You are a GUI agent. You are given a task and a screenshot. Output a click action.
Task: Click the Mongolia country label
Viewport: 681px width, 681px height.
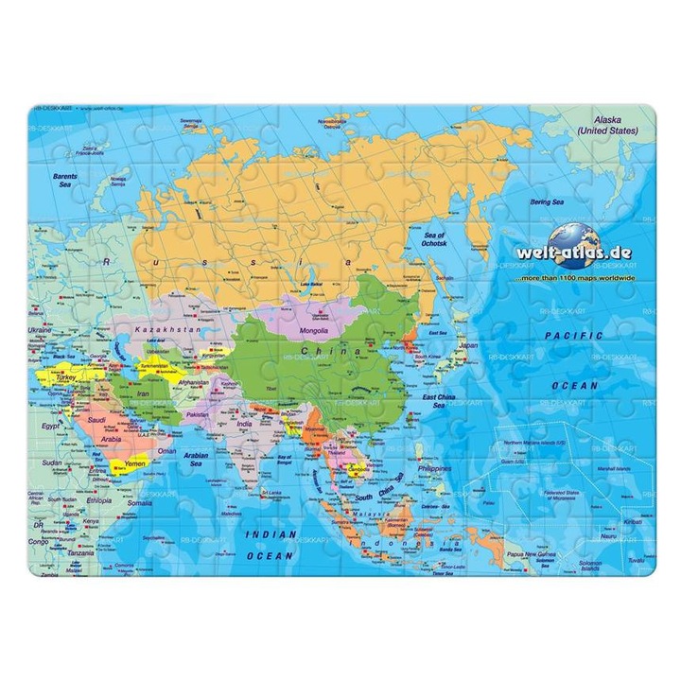coord(313,331)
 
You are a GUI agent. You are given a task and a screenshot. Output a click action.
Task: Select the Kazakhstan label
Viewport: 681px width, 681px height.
coord(169,328)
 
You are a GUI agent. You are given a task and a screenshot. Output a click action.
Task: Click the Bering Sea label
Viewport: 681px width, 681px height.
coord(546,201)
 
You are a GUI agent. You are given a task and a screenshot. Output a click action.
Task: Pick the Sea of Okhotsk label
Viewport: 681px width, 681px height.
coord(435,239)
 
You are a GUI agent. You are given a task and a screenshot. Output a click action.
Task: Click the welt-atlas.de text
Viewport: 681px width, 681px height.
coord(585,253)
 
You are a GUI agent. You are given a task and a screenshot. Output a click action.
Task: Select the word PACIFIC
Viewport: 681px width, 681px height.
coord(573,336)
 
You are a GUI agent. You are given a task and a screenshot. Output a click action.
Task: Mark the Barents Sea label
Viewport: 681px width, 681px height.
coord(65,180)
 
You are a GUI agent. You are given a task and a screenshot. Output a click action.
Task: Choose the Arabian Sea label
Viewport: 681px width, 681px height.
coord(197,459)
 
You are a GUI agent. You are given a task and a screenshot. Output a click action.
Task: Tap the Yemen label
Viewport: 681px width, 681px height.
coord(135,464)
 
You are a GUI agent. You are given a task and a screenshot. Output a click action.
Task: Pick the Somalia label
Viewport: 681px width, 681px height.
coord(139,503)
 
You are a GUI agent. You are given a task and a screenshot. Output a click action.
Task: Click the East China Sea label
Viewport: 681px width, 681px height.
coord(440,400)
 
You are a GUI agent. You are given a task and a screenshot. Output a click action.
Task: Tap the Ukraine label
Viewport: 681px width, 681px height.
coord(40,330)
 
